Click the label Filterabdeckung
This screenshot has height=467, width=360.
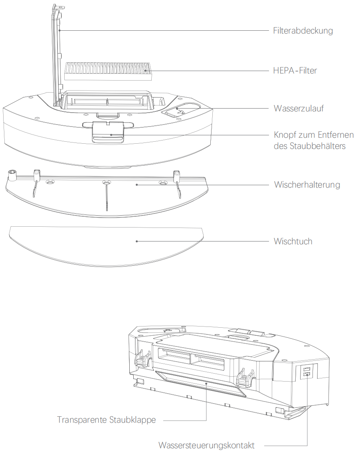pyautogui.click(x=303, y=31)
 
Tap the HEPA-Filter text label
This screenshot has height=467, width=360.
pyautogui.click(x=295, y=71)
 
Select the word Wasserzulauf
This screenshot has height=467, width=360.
pyautogui.click(x=299, y=108)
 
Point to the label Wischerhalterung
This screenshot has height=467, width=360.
pyautogui.click(x=307, y=185)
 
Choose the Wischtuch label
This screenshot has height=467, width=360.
pyautogui.click(x=293, y=241)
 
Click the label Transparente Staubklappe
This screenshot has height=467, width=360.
pyautogui.click(x=106, y=420)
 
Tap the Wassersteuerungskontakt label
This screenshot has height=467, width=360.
pyautogui.click(x=206, y=445)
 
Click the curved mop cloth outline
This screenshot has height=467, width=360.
pyautogui.click(x=106, y=247)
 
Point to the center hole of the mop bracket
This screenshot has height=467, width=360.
pyautogui.click(x=106, y=182)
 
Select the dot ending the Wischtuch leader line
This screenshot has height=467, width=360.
pyautogui.click(x=137, y=241)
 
